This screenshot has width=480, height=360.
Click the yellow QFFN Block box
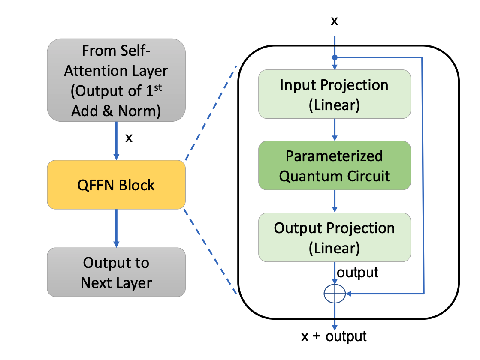point(116,185)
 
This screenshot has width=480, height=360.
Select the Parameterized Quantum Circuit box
point(334,165)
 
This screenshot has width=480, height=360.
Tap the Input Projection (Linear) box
point(334,94)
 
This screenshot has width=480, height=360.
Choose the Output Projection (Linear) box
point(334,237)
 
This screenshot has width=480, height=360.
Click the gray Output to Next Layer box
point(116,272)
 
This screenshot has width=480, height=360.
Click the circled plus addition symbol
point(335,294)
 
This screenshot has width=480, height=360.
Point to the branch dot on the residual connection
point(335,57)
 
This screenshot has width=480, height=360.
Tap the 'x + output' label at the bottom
point(334,336)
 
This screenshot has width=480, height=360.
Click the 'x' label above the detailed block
point(334,21)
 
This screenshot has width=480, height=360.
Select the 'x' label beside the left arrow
point(128,138)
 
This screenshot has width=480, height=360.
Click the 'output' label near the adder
point(357,272)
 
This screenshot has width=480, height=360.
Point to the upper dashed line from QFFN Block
point(211,113)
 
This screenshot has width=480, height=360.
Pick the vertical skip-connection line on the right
point(423,176)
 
